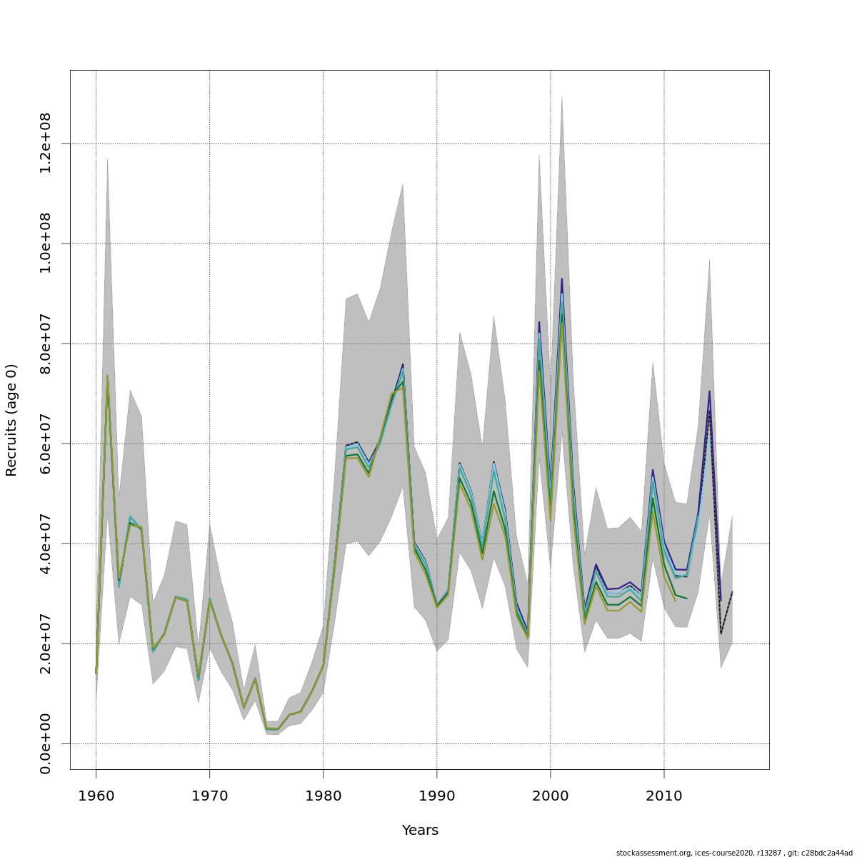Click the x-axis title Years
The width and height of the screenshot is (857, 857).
click(420, 831)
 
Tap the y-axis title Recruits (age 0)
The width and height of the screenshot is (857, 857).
click(11, 420)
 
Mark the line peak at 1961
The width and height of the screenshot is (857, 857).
click(107, 376)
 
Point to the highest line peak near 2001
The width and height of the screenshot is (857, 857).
click(562, 279)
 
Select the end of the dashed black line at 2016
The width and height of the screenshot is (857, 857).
click(733, 591)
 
